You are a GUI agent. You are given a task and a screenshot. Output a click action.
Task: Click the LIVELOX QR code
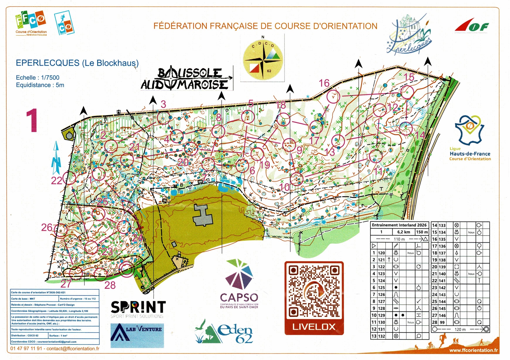[314, 292]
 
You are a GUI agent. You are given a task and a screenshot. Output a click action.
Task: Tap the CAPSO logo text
[239, 298]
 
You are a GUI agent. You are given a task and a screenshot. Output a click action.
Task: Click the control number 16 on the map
[324, 83]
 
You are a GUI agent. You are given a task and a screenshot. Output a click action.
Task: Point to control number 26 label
[47, 227]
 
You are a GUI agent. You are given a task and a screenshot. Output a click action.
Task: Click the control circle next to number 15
[407, 92]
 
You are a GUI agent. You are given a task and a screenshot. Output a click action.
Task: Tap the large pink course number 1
[32, 120]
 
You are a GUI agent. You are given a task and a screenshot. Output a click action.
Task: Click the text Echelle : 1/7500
[37, 78]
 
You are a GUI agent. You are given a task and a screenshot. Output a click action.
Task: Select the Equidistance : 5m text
[40, 85]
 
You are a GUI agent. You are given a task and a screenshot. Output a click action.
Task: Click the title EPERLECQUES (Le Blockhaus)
[77, 63]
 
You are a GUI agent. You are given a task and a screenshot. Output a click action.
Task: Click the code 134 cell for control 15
[442, 232]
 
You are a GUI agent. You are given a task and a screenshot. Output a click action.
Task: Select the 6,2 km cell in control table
[403, 232]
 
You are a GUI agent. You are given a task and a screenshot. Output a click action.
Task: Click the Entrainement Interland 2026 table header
[399, 225]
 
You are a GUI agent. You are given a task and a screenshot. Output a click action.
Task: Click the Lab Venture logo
[137, 335]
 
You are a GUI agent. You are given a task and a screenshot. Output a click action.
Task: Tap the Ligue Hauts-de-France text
[470, 154]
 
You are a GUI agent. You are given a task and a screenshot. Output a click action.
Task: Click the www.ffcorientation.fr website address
[473, 350]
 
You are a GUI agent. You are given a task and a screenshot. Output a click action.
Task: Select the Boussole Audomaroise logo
[186, 79]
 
